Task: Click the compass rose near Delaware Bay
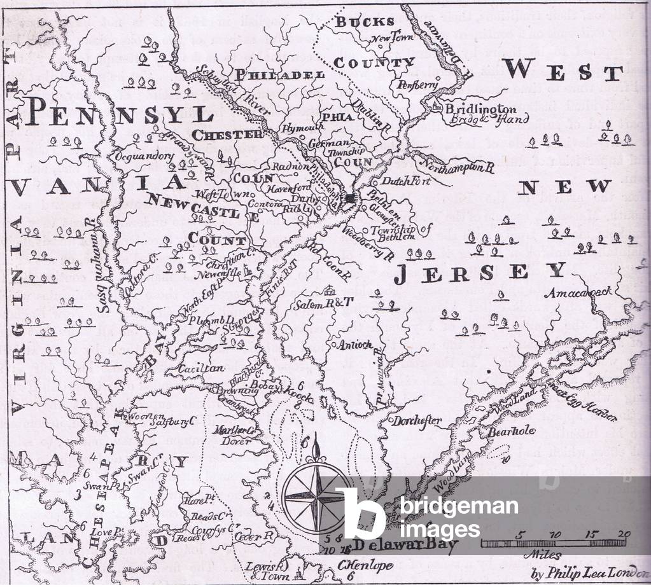coord(316,495)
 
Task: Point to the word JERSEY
coord(480,272)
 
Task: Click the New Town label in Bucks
coord(393,38)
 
